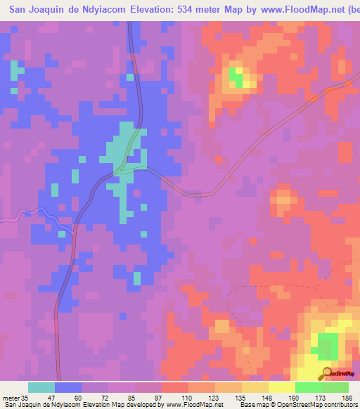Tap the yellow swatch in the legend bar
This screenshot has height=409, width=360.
281,387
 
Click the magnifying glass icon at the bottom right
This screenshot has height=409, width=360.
326,373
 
